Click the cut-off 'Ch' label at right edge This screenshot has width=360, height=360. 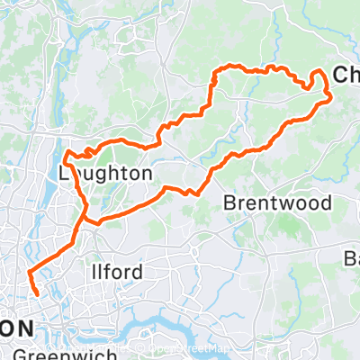tap(345, 77)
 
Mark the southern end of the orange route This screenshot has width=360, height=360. tap(37, 293)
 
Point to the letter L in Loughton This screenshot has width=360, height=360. tap(62, 172)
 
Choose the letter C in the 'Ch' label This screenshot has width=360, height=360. tap(338, 77)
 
